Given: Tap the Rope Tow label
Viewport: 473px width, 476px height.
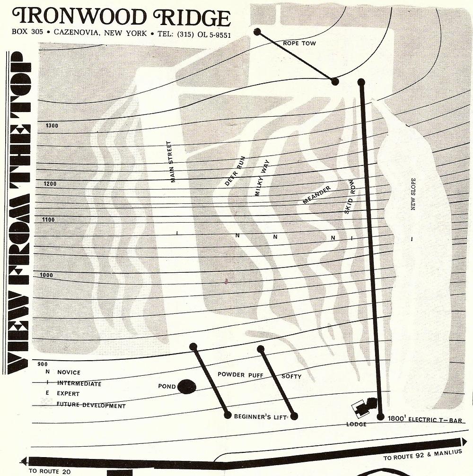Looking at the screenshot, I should (299, 43).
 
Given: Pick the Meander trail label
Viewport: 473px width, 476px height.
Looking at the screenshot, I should (316, 195).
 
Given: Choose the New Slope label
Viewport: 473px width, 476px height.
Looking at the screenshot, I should (413, 194).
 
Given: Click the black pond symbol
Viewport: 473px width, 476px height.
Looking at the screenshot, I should (187, 386).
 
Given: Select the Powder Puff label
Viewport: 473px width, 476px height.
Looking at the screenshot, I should (240, 375).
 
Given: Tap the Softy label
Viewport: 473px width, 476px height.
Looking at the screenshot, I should (291, 377).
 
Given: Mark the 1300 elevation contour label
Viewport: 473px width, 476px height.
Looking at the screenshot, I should (52, 126).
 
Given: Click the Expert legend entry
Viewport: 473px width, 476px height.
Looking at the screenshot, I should (68, 394).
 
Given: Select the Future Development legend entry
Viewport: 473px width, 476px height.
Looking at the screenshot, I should (91, 406).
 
